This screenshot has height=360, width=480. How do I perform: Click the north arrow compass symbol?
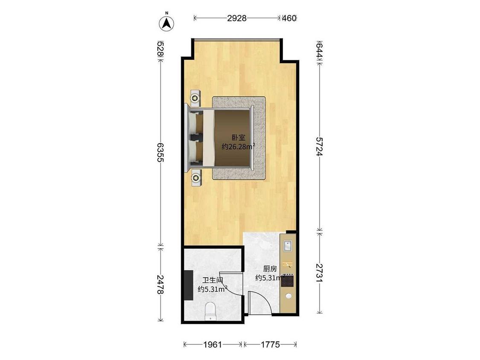point(166,23)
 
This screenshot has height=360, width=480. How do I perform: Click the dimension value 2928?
point(237,18)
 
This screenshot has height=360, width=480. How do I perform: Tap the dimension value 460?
point(289,18)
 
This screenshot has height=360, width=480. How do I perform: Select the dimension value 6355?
point(160,152)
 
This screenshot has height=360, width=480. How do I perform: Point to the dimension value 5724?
point(319,146)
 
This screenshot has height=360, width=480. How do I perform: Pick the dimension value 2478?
point(160,285)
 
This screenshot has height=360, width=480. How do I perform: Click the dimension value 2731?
point(319,273)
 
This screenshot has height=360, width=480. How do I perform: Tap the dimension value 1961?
point(212,345)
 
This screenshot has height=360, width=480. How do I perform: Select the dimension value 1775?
point(270,345)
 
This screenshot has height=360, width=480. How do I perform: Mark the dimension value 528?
point(160,49)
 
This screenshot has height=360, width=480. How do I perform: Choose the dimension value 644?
point(319,51)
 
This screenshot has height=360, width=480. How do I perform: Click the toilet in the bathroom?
point(211,311)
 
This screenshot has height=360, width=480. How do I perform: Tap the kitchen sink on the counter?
point(288,246)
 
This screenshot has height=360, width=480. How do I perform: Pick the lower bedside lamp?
point(195,177)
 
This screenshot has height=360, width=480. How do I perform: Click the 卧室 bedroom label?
point(239,138)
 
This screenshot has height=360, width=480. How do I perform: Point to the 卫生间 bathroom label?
point(212,280)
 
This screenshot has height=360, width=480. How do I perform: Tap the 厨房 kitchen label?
point(270,269)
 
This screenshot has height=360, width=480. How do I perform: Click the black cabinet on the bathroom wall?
point(188,285)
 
